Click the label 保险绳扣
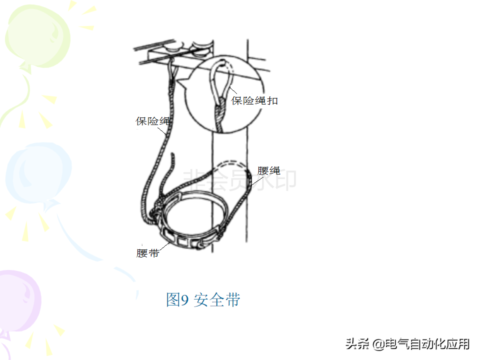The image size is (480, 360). tap(254, 100)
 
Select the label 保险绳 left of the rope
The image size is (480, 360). tap(152, 121)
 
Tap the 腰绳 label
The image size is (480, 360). tap(268, 170)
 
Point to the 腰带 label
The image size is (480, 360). tap(147, 253)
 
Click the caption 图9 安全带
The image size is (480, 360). tap(203, 299)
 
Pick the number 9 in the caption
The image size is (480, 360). tap(184, 300)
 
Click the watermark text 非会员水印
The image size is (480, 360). tap(239, 180)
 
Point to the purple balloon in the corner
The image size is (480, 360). tap(17, 300)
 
